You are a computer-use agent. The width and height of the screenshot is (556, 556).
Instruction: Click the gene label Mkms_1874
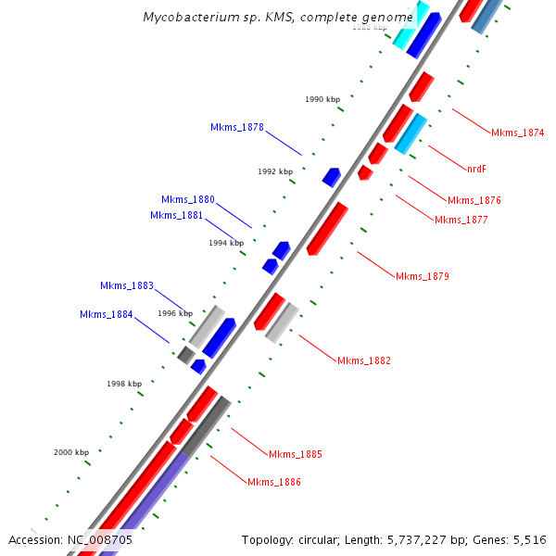pos(517,133)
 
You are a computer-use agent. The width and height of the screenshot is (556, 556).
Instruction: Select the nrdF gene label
pos(476,169)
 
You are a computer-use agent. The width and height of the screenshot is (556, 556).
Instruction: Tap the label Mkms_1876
pos(474,200)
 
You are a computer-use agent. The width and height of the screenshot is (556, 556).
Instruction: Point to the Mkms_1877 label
pos(461,220)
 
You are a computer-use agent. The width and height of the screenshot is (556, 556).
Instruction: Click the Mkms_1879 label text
pos(422,276)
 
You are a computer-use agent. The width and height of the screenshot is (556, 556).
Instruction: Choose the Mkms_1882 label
pos(363,360)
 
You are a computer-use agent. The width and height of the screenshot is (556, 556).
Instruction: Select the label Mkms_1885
pos(296,454)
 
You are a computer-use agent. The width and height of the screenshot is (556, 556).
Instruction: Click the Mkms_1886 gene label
pos(273,482)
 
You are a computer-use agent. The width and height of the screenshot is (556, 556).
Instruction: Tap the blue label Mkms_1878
pos(236,127)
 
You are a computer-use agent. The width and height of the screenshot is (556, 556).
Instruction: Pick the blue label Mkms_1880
pos(187,199)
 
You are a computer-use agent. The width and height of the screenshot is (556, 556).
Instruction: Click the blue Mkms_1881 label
pos(176,215)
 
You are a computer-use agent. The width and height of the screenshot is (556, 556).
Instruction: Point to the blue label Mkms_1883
pos(127,285)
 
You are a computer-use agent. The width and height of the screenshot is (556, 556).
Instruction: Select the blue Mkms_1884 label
pos(107,314)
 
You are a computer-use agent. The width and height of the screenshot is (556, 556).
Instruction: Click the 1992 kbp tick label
pos(274,171)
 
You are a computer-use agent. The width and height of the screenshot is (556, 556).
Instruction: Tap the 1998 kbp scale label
pos(124,383)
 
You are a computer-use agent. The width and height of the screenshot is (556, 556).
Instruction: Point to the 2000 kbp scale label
pos(70,452)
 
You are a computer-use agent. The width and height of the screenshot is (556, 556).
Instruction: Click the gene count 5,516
pos(529,539)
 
